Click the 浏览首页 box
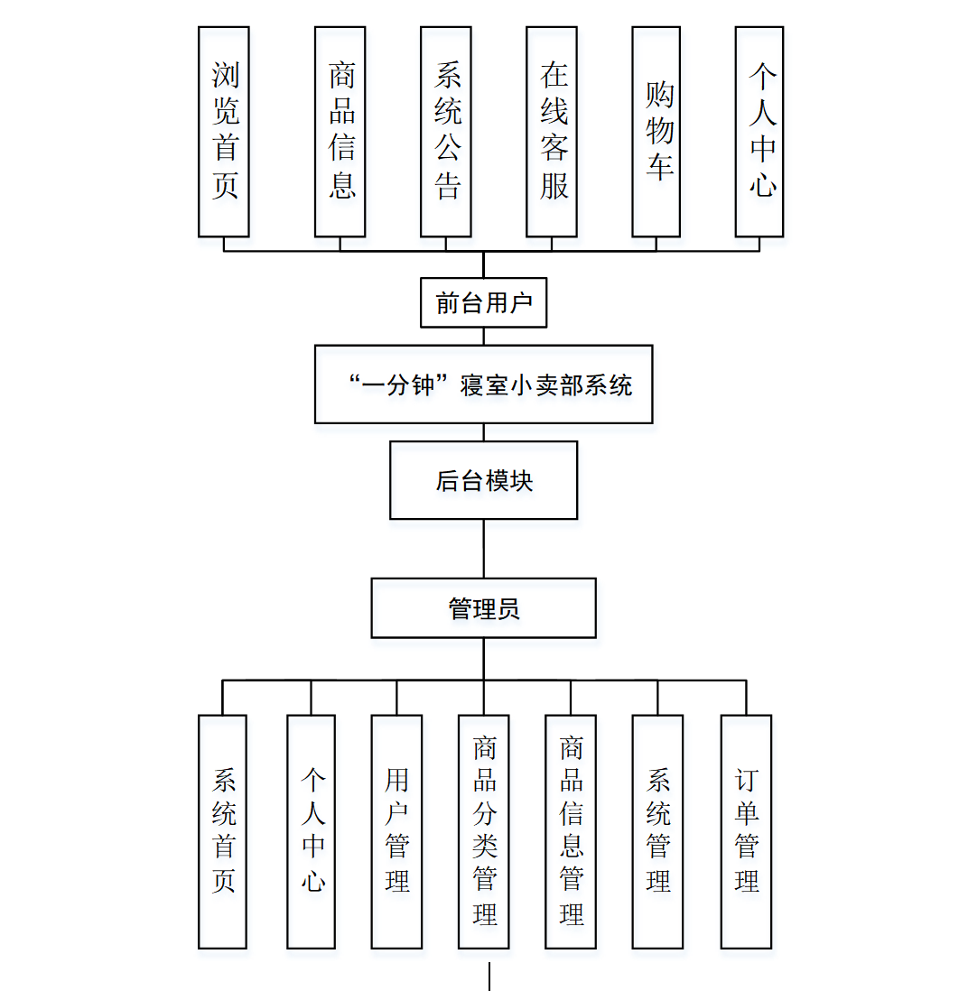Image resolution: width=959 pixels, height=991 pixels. pyautogui.click(x=224, y=132)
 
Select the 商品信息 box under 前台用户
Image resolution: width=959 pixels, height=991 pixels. pyautogui.click(x=340, y=132)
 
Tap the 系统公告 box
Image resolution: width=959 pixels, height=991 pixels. pyautogui.click(x=446, y=132)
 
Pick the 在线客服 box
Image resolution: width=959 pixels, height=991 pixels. pyautogui.click(x=552, y=132)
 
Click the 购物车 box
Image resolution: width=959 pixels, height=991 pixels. pyautogui.click(x=656, y=132)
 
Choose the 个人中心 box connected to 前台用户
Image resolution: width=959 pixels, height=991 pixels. pyautogui.click(x=759, y=132)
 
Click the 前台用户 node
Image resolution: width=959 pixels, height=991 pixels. pyautogui.click(x=484, y=303)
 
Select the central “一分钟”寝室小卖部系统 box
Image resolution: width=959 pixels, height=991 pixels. pyautogui.click(x=484, y=384)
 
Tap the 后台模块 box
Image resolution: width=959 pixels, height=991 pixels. pyautogui.click(x=484, y=480)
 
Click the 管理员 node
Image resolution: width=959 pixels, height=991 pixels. pyautogui.click(x=484, y=608)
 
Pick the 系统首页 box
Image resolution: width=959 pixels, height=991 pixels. pyautogui.click(x=223, y=831)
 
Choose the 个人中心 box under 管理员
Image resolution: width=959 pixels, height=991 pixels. pyautogui.click(x=312, y=831)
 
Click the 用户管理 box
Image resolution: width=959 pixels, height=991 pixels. pyautogui.click(x=397, y=831)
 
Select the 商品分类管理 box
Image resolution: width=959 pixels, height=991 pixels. pyautogui.click(x=484, y=831)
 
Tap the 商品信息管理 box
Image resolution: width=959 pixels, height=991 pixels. pyautogui.click(x=571, y=831)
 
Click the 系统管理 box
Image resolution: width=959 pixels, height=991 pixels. pyautogui.click(x=657, y=831)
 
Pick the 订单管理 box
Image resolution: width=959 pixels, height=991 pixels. pyautogui.click(x=746, y=831)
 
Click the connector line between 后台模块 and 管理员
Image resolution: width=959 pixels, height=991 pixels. pyautogui.click(x=484, y=549)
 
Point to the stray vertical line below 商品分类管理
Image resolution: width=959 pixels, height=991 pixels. pyautogui.click(x=489, y=977)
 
